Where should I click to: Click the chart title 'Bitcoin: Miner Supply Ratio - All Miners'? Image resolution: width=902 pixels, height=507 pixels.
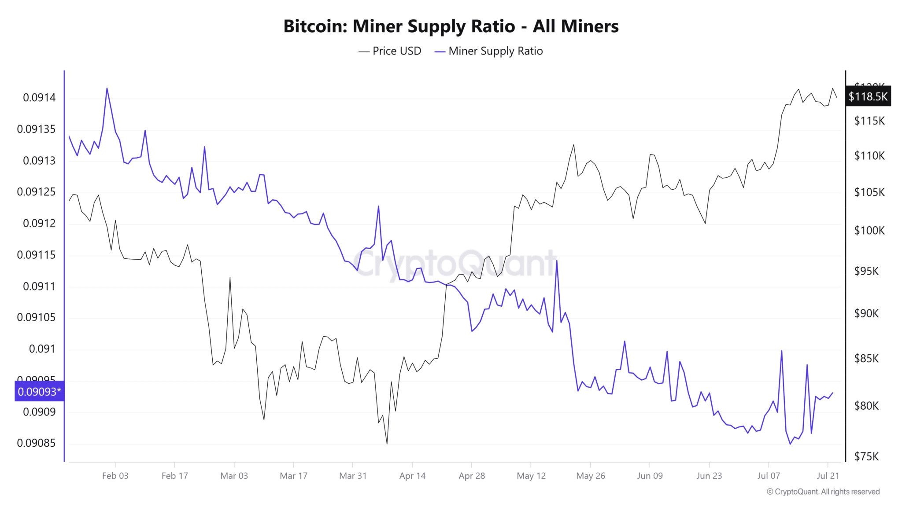451,26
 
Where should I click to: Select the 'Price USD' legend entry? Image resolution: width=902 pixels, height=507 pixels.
390,51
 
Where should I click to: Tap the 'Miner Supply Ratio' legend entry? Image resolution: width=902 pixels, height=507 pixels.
489,51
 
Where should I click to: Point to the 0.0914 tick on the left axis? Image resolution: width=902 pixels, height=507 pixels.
39,97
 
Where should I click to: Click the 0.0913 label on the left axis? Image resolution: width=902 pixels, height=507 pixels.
39,161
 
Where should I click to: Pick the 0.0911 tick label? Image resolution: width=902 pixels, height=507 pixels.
39,287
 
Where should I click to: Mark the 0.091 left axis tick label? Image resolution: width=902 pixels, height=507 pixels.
42,349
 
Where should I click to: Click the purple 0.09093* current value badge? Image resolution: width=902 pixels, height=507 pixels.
39,391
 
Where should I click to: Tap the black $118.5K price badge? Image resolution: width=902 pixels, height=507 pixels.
868,96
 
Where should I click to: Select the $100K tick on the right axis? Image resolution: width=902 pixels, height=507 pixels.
869,230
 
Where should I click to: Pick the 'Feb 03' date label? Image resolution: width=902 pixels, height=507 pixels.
115,476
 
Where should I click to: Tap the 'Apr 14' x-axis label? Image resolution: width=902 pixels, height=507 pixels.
412,476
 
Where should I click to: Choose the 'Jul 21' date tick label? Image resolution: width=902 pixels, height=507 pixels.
828,476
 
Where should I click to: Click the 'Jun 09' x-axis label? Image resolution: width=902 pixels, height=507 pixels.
650,476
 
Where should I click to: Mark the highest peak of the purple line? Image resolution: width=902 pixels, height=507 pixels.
107,88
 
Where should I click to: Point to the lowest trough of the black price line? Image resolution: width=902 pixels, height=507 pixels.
387,444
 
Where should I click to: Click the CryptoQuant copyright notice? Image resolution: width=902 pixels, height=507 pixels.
823,492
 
